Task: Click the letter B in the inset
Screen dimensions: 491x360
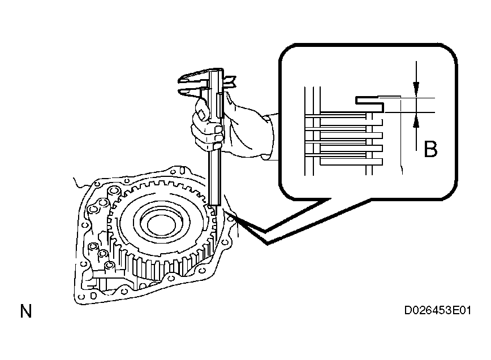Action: [x=430, y=149]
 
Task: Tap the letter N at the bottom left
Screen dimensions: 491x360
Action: [x=26, y=311]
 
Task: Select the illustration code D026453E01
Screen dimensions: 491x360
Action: [x=437, y=311]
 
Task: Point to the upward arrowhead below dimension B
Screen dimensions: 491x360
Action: [x=416, y=120]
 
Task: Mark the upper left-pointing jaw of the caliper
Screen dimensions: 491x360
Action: [x=192, y=79]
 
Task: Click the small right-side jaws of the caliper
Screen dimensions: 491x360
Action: [x=230, y=83]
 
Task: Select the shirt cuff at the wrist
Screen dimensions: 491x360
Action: [x=268, y=138]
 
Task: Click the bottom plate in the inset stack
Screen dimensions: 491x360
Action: [x=351, y=162]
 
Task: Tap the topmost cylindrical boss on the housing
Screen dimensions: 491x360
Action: [x=114, y=192]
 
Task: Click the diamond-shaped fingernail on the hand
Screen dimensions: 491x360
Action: [x=202, y=115]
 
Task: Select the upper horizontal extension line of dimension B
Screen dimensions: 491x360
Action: [x=407, y=98]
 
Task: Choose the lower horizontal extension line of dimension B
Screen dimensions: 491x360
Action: [x=410, y=112]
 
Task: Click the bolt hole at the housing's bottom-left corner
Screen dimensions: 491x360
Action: [x=81, y=297]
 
